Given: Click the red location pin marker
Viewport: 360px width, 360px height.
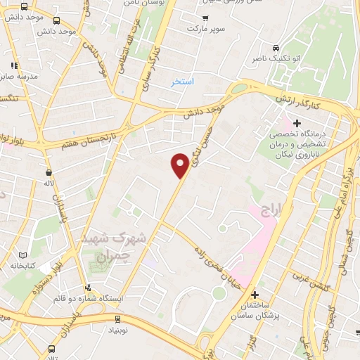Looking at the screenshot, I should click(x=180, y=165).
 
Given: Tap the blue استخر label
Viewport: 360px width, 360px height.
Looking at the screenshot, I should click(x=183, y=82).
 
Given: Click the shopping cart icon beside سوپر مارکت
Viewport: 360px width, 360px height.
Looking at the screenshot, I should click(x=205, y=18).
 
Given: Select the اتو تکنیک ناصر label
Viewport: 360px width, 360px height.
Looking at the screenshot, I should click(x=278, y=59).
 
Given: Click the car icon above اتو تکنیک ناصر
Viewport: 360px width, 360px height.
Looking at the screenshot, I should click(x=279, y=43).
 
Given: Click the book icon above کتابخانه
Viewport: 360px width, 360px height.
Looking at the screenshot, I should click(x=23, y=255).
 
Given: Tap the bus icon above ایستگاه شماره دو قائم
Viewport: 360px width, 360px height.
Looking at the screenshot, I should click(x=87, y=287).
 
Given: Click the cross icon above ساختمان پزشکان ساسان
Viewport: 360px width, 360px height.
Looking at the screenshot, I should click(x=255, y=294).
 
